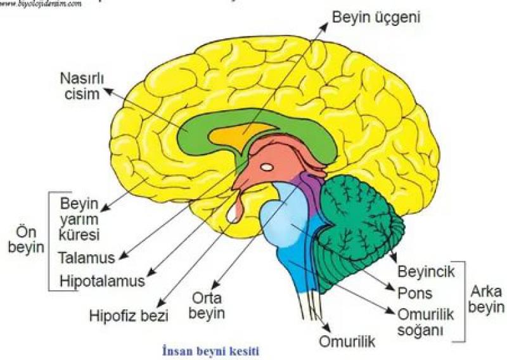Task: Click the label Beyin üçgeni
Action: click(376, 15)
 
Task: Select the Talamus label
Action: click(86, 258)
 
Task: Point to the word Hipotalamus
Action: click(102, 279)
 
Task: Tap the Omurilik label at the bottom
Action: click(347, 342)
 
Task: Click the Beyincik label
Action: click(427, 272)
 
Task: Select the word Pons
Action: click(415, 293)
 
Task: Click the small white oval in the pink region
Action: click(267, 167)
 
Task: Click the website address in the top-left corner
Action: click(41, 4)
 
